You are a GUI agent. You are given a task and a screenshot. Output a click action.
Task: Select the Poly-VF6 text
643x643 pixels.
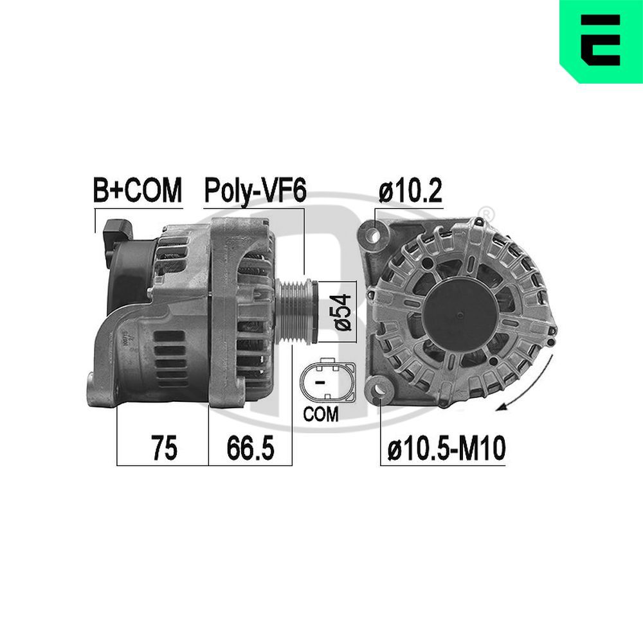pos(254,190)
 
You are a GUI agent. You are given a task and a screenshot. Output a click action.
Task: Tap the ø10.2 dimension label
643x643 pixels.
pos(410,191)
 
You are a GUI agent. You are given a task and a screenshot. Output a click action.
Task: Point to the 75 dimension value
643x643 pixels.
pos(163,448)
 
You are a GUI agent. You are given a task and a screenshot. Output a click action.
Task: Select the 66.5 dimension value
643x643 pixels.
pos(250,448)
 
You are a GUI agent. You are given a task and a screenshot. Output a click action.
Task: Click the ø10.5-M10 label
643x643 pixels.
pos(446,448)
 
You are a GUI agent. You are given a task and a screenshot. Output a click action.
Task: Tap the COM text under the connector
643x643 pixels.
pos(321,415)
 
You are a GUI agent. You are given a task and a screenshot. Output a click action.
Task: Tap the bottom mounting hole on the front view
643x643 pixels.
pos(381,389)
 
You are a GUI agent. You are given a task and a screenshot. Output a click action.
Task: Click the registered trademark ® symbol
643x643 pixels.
pos(487,213)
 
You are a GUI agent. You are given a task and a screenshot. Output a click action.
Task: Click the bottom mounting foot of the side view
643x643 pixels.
pos(103,392)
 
